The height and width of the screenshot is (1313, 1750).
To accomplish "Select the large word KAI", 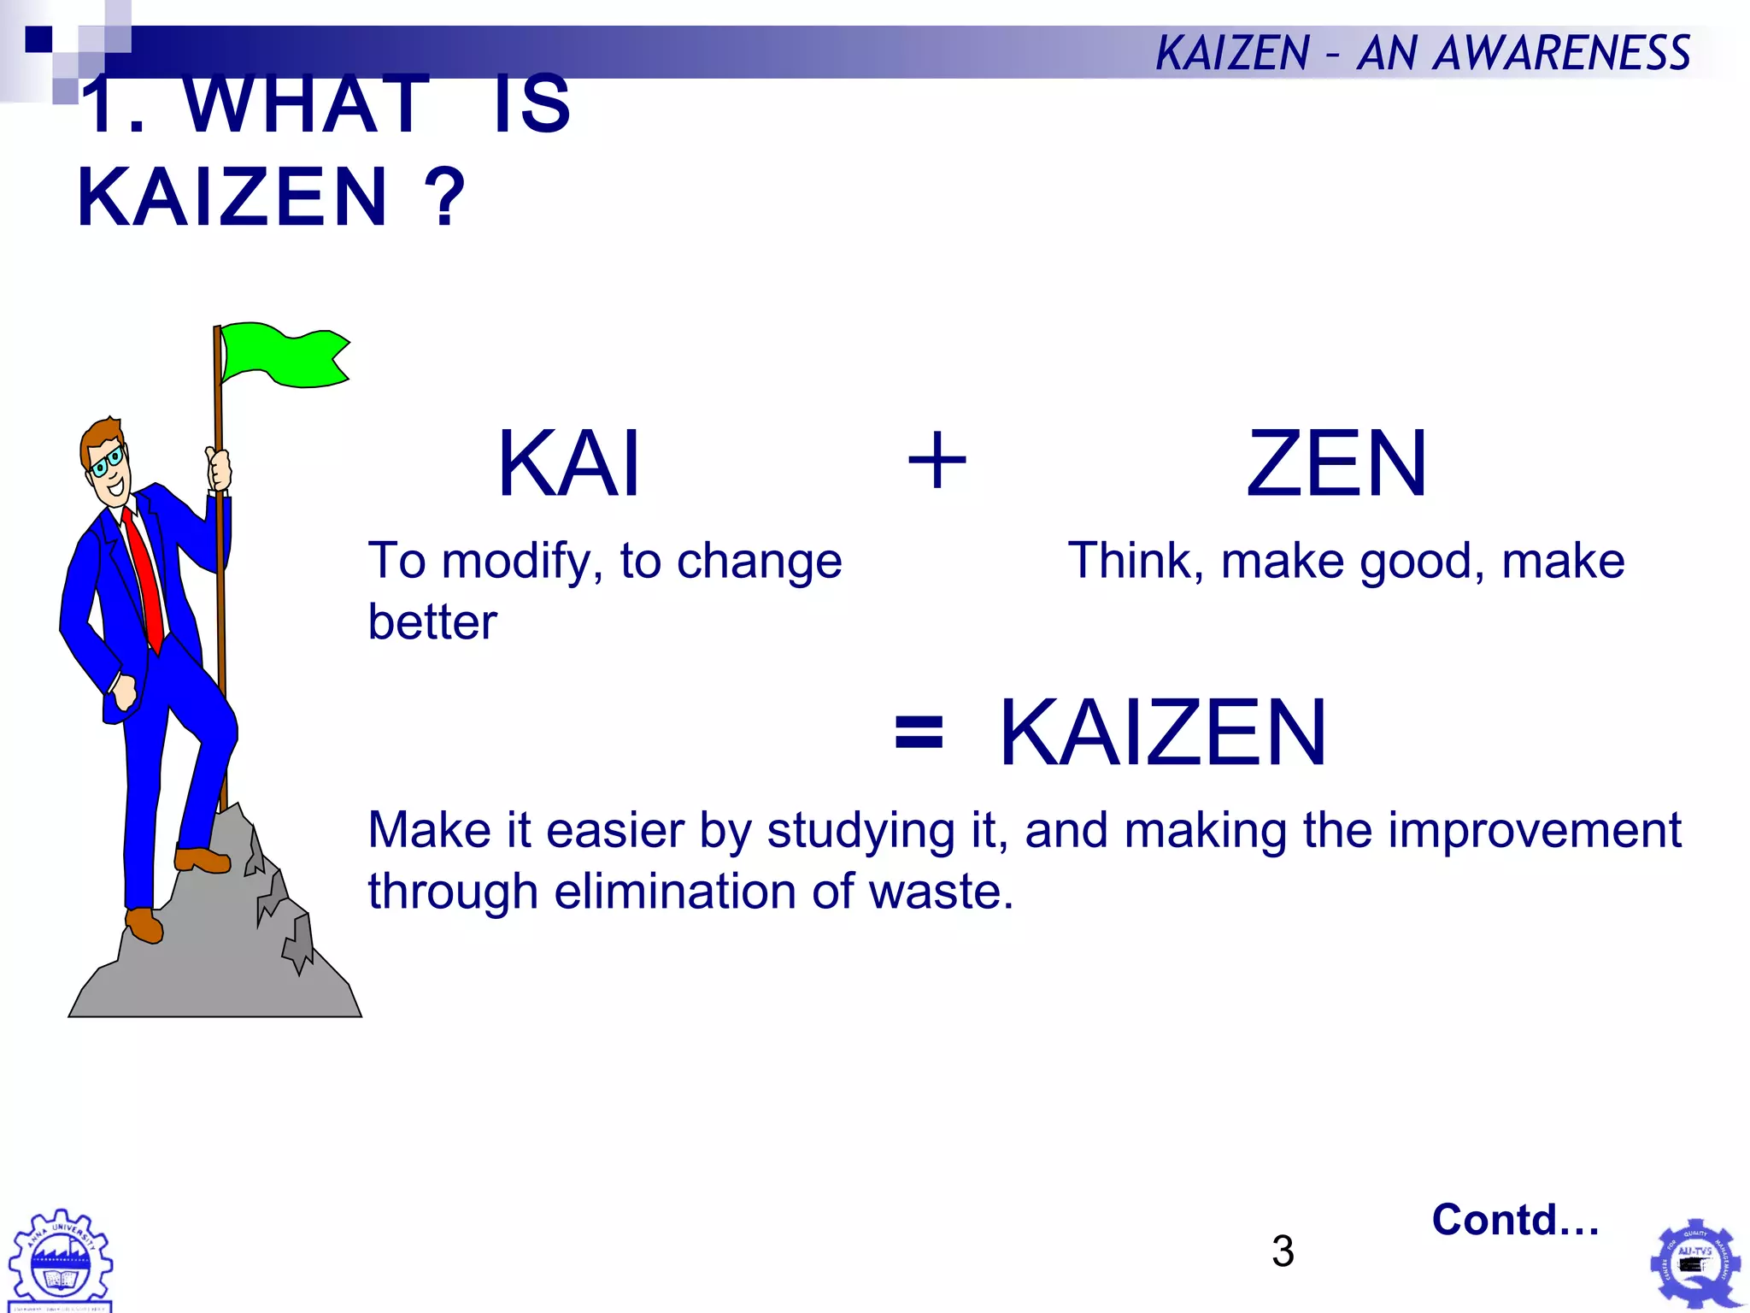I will tap(569, 464).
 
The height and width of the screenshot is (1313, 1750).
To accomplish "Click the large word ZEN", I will tap(1336, 464).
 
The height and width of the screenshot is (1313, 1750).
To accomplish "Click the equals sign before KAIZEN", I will tap(919, 733).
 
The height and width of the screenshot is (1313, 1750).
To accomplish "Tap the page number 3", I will tap(1282, 1251).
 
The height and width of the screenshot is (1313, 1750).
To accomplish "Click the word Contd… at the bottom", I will tap(1515, 1220).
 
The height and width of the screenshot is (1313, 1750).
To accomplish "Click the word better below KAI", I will tap(432, 622).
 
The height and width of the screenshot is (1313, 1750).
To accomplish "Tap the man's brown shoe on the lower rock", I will tap(144, 925).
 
